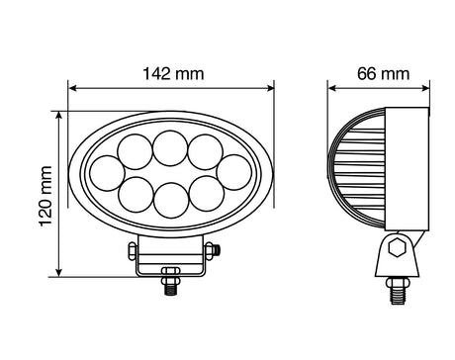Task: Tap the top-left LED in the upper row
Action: (133, 153)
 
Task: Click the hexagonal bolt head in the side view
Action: (397, 250)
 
